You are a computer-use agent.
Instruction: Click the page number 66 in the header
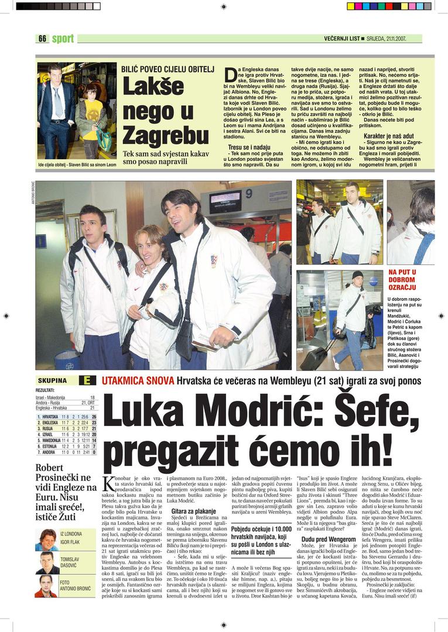pos(42,39)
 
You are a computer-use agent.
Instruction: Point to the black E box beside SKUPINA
pos(86,380)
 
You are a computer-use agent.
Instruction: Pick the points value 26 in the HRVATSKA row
pos(94,417)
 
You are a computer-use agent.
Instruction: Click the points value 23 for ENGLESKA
pos(94,423)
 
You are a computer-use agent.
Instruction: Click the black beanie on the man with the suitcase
pos(357,274)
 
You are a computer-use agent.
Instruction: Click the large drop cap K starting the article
pos(109,485)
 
